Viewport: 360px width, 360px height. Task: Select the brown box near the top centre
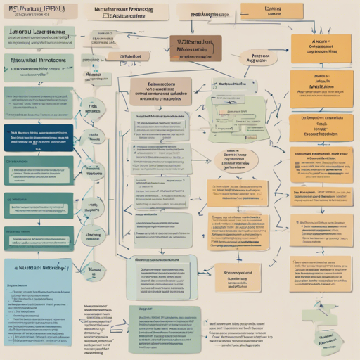tap(195, 49)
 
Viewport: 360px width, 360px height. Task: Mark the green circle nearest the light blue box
tap(91, 271)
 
